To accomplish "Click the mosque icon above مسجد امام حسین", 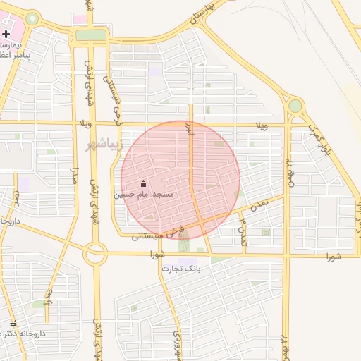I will (x=144, y=183).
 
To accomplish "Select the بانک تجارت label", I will (x=181, y=269).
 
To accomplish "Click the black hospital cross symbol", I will (x=6, y=33).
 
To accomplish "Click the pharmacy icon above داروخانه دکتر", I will (x=13, y=324).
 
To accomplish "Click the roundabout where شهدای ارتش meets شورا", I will (x=95, y=252).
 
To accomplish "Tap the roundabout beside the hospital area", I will (x=32, y=18).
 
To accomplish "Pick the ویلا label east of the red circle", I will (x=260, y=125).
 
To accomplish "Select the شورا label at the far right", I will (x=334, y=257).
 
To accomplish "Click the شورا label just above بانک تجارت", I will (x=157, y=255).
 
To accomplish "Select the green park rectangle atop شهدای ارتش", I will (x=91, y=35).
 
